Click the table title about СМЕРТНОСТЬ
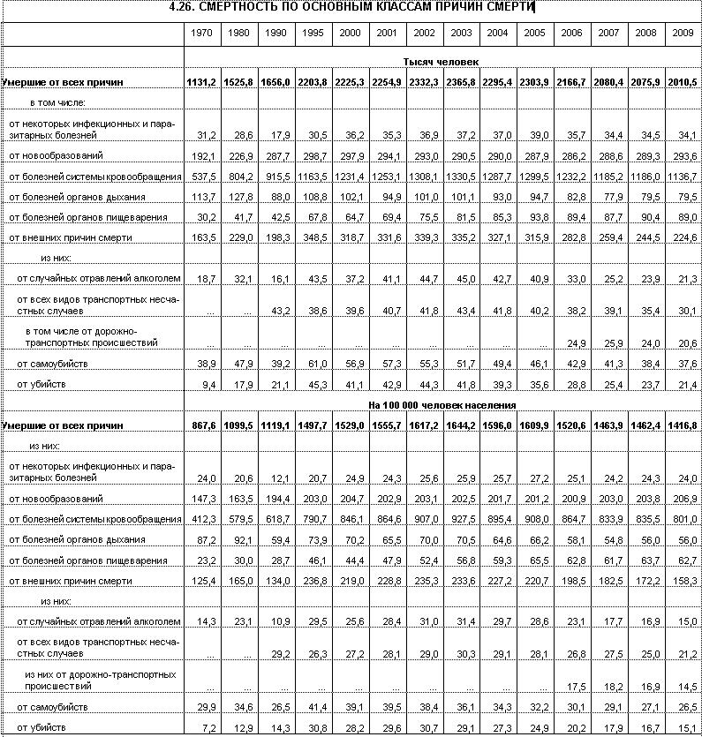[351, 8]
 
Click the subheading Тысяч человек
[442, 62]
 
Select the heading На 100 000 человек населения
[442, 404]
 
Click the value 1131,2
[201, 82]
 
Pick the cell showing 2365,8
[460, 82]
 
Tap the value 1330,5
[460, 177]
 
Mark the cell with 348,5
[313, 237]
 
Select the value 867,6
[203, 425]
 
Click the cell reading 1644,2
[460, 425]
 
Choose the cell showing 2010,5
[682, 82]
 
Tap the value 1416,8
[682, 425]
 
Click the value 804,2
[239, 177]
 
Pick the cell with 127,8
[239, 197]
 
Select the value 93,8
[535, 217]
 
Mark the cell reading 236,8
[313, 580]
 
